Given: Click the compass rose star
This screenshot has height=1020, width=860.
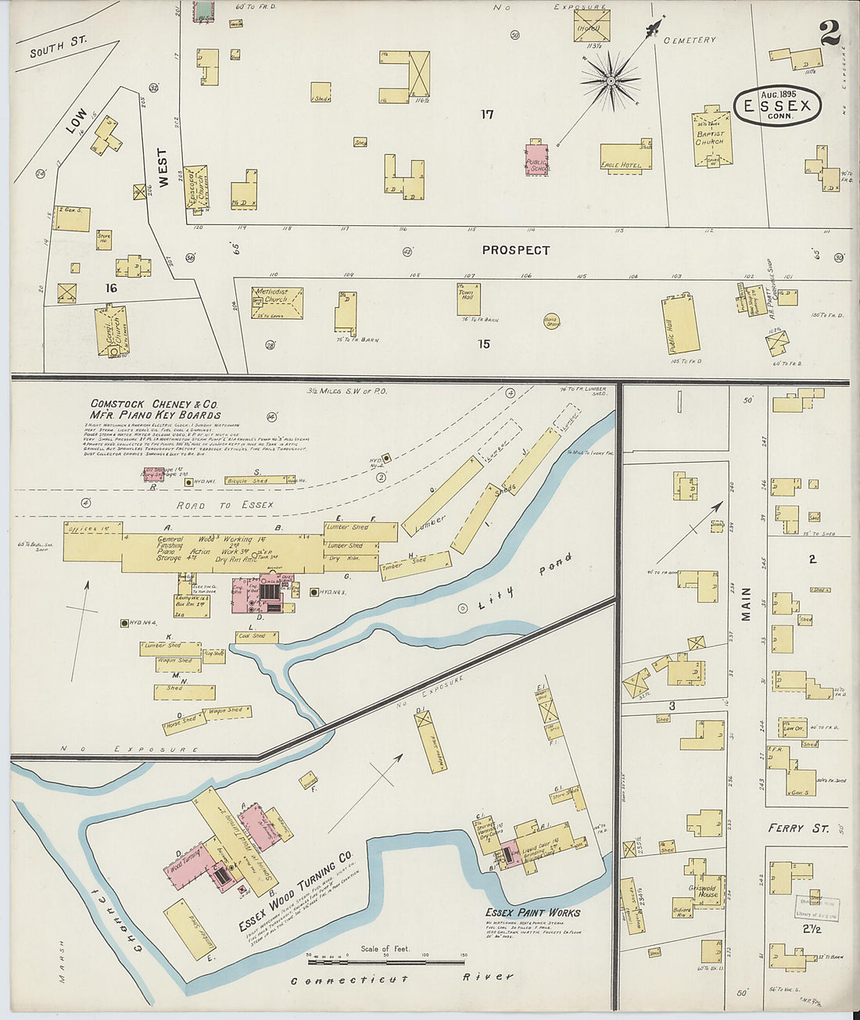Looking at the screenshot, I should click(611, 79).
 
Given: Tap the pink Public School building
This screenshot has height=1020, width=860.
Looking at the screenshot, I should click(536, 159).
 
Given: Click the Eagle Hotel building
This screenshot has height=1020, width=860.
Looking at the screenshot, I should click(625, 156).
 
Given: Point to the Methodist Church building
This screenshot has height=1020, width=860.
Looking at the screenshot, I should click(278, 303).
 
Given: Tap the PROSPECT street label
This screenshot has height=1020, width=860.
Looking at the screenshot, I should click(515, 250).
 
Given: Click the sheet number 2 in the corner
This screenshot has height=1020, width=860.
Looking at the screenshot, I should click(830, 32).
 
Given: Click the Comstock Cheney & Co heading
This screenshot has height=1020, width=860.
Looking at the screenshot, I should click(155, 409).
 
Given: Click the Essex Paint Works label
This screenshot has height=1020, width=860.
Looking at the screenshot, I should click(532, 912).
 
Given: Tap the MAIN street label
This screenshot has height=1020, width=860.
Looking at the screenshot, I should click(745, 604).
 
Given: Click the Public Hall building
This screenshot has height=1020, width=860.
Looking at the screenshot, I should click(680, 324).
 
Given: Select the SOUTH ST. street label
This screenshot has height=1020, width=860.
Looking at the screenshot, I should click(58, 46).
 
